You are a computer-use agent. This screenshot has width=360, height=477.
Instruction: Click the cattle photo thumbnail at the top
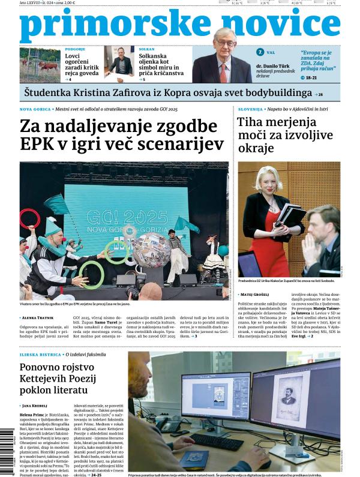pos(40,65)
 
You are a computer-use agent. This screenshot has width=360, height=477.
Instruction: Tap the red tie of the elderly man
pos(224,71)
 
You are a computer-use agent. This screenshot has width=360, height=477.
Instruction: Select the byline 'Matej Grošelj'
pos(257,295)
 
